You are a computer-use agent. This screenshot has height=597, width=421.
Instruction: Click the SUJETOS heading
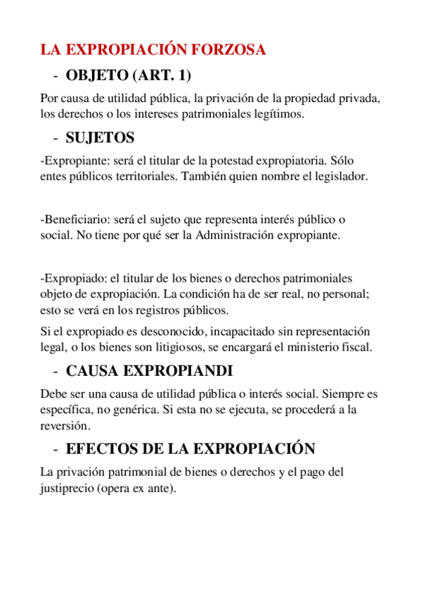click(x=100, y=138)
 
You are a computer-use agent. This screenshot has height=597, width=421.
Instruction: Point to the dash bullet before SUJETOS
click(x=55, y=138)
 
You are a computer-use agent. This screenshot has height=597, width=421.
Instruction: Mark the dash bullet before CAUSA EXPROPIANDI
click(x=55, y=370)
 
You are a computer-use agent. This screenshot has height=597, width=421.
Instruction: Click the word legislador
click(x=339, y=177)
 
